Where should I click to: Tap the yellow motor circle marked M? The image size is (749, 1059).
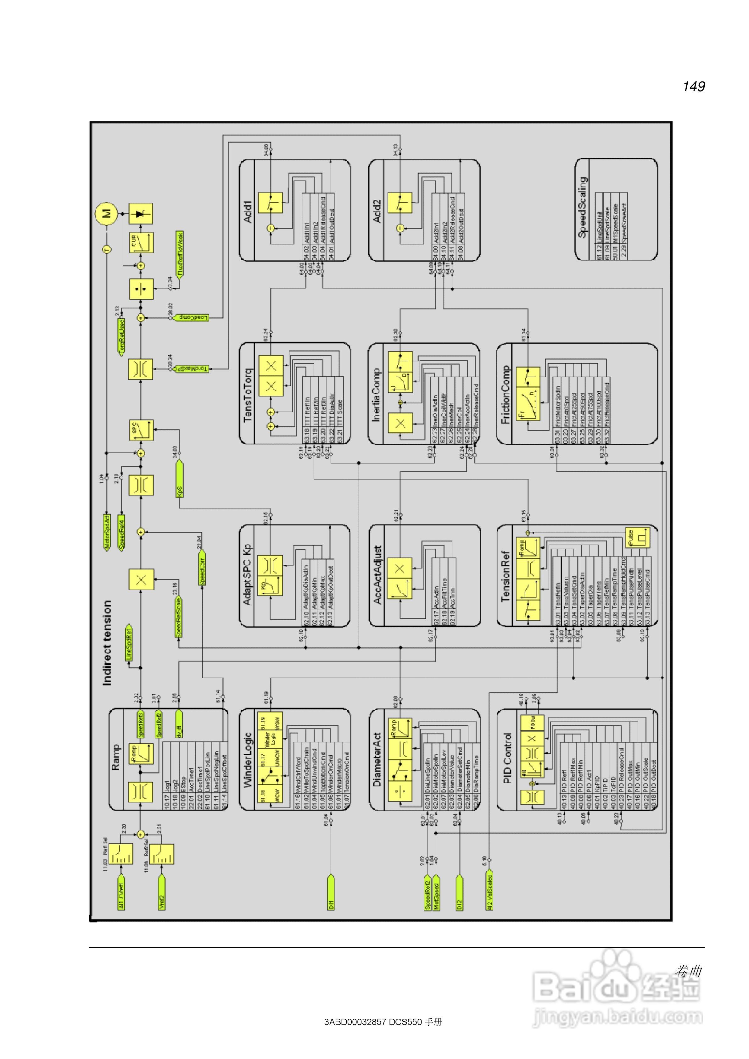[107, 213]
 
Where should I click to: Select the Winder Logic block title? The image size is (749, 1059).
[248, 759]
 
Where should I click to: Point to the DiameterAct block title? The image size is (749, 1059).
[377, 759]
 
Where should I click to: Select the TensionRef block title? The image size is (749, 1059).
[506, 576]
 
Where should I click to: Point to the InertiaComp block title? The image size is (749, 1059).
[377, 394]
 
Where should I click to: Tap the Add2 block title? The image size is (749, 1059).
[377, 211]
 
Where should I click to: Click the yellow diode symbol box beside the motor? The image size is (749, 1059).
[140, 213]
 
